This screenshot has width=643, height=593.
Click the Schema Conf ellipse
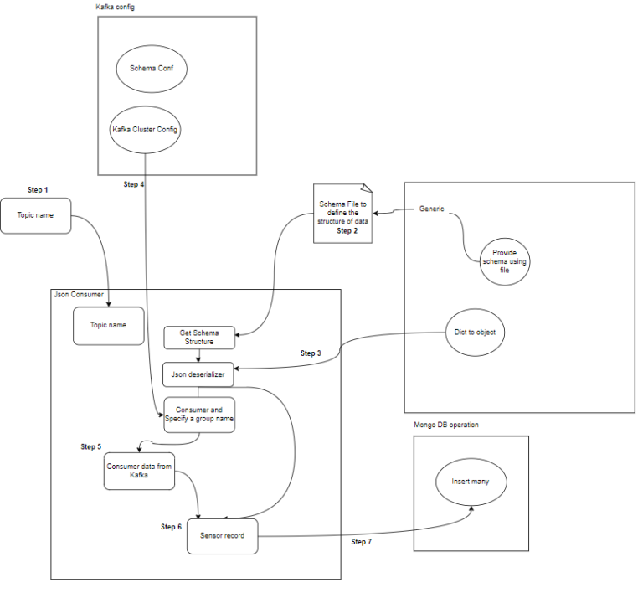(x=152, y=68)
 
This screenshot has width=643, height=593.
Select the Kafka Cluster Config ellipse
(x=146, y=130)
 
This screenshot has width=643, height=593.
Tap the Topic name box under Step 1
(x=35, y=215)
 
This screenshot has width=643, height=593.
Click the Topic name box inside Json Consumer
(x=108, y=325)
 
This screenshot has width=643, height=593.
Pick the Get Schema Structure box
(x=199, y=338)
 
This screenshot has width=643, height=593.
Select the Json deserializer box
(x=199, y=374)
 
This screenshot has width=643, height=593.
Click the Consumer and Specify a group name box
(x=199, y=414)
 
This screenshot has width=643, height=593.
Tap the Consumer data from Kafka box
(x=138, y=472)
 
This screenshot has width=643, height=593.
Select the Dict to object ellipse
(x=475, y=332)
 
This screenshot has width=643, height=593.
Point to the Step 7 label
(x=362, y=542)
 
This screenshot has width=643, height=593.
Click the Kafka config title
(x=115, y=7)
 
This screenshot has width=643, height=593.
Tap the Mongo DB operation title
(x=446, y=425)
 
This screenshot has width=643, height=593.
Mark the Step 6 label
(x=171, y=526)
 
